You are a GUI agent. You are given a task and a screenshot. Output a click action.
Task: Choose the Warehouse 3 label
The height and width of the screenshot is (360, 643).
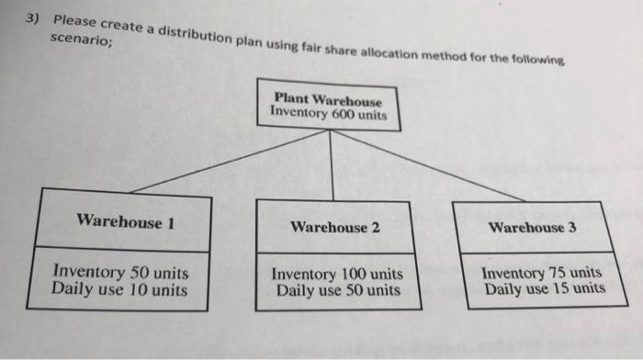pyautogui.click(x=533, y=227)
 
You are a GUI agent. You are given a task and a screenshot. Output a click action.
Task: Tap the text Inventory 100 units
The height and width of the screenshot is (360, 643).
pyautogui.click(x=337, y=275)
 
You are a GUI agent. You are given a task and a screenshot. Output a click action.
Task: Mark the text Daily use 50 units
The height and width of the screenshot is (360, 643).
pyautogui.click(x=337, y=291)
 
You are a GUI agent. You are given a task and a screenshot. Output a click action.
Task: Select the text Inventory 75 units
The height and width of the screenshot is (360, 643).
pyautogui.click(x=542, y=273)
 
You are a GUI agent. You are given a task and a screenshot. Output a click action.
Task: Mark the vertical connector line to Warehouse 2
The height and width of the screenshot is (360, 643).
pyautogui.click(x=333, y=165)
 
